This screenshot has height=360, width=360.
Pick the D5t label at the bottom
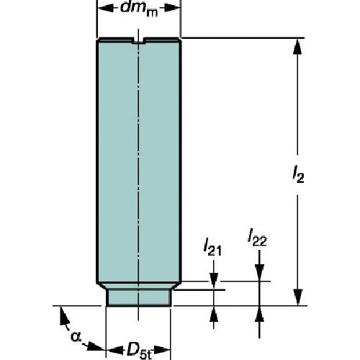pos(139,350)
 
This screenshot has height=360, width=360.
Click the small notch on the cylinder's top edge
pos(137,41)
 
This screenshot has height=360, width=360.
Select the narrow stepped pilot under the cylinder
pos(139,294)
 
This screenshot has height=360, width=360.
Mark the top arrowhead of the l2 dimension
pos(296,45)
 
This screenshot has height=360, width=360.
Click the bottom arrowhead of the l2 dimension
pos(296,300)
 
